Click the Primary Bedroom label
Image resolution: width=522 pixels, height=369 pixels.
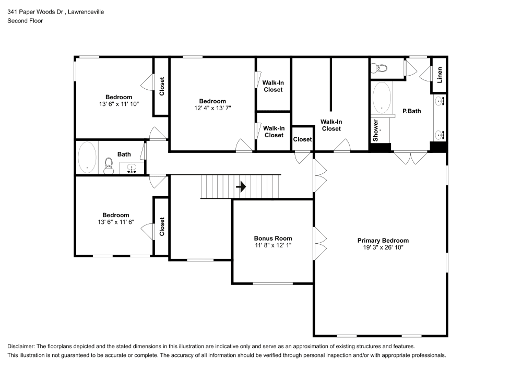point(383,240)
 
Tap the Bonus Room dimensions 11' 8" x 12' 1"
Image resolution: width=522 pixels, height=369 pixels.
point(273,245)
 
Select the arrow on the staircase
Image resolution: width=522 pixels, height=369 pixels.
point(241,187)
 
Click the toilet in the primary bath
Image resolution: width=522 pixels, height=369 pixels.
point(379,68)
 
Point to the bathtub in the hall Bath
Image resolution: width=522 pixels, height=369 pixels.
point(87,158)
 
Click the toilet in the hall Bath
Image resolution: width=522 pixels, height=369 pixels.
point(109,165)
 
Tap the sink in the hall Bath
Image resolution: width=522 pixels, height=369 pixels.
point(132,169)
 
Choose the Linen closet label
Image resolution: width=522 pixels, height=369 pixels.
point(440,75)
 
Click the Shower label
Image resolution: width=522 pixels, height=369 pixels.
point(375,130)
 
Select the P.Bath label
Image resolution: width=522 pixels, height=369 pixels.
point(412,111)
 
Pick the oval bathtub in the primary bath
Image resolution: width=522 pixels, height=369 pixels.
point(382,98)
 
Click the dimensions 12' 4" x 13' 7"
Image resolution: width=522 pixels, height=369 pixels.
point(212,108)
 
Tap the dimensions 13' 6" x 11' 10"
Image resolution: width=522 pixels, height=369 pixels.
point(119,104)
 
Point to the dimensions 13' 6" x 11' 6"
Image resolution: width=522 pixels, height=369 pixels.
point(115,222)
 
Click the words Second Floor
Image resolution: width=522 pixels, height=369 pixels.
point(25,21)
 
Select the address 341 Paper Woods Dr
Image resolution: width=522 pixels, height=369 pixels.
point(35,11)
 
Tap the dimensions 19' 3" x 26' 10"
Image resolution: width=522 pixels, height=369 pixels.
point(383,247)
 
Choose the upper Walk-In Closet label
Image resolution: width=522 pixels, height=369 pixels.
point(273,86)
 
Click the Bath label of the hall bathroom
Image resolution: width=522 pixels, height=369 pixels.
point(124,154)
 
